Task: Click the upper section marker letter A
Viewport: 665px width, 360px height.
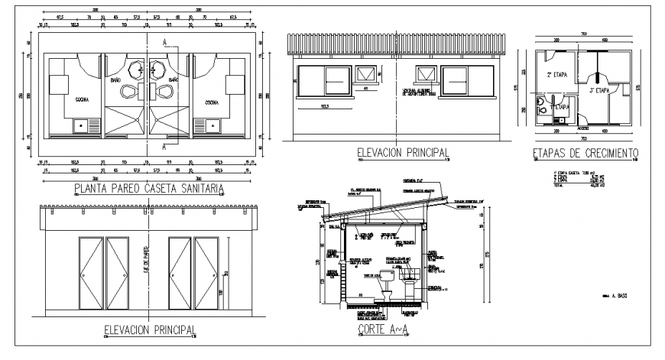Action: click(x=165, y=41)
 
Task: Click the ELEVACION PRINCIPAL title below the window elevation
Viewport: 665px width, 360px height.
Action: click(x=402, y=154)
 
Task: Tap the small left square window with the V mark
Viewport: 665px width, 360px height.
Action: click(x=367, y=75)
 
